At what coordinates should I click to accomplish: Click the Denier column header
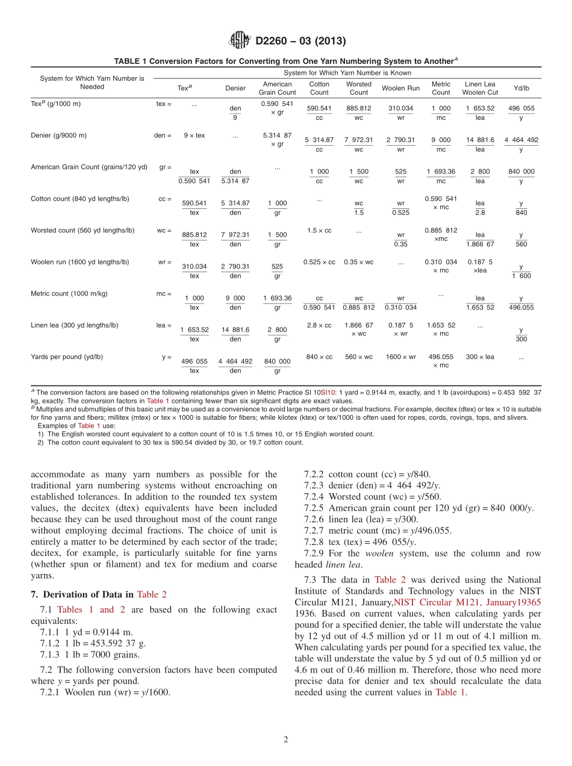coord(235,88)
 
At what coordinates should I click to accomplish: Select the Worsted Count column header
coord(359,88)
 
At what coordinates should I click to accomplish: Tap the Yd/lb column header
coord(521,88)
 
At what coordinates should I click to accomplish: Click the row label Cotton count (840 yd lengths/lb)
coord(80,199)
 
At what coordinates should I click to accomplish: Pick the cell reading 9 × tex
coord(194,135)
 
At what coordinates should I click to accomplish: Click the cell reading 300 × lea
coord(480,357)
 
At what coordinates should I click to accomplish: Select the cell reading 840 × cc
coord(319,357)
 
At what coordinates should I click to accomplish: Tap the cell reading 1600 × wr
coord(401,357)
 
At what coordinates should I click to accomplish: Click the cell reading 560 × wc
coord(359,357)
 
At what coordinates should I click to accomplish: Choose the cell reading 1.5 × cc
coord(319,231)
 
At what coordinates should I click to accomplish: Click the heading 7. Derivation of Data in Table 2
coord(99,594)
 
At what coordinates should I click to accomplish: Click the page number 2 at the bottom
coord(286,740)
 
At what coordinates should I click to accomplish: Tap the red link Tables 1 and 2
coord(91,609)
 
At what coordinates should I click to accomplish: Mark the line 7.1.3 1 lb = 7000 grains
coord(85,655)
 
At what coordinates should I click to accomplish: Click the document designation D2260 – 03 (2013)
coord(301,41)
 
